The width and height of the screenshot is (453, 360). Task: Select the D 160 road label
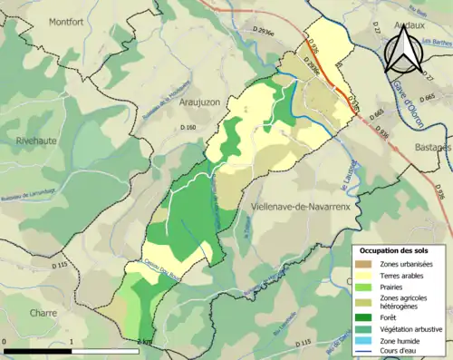click(188, 128)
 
